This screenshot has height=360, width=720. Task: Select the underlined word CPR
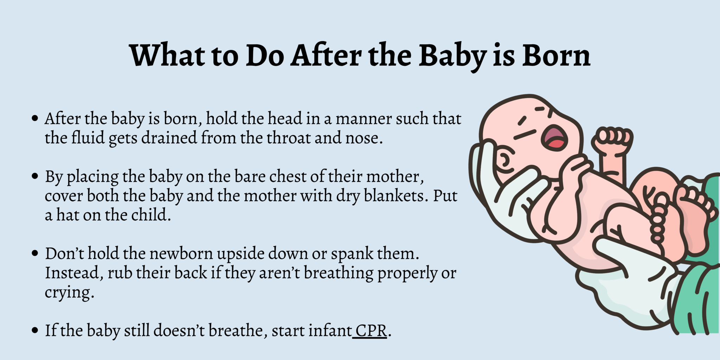[371, 331]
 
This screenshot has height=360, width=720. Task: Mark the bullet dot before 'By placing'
[34, 176]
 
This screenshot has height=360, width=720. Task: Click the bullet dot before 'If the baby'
[34, 330]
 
